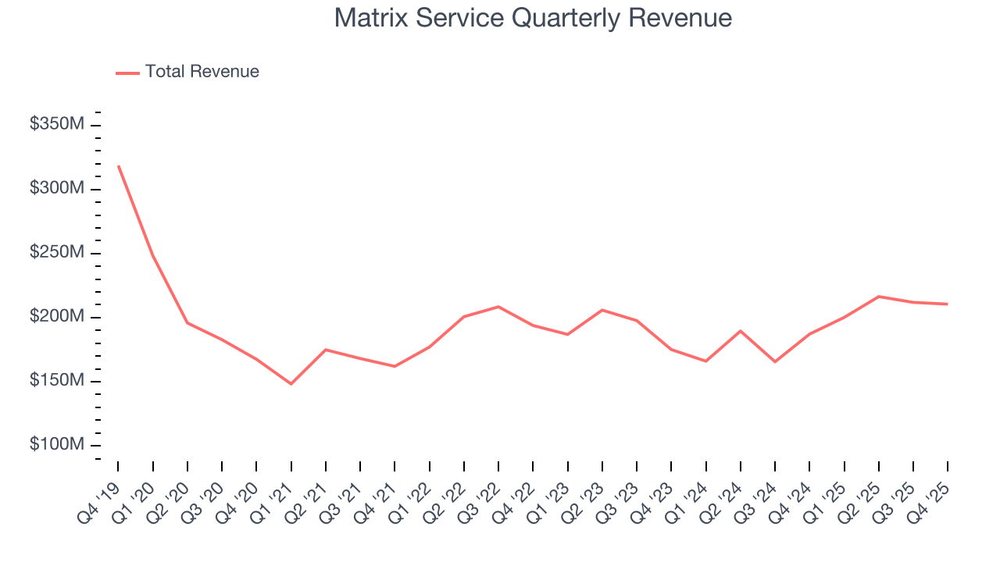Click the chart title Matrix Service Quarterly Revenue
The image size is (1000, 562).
pos(533,18)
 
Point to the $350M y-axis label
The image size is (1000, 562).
pos(57,124)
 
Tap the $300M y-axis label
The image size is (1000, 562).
pos(57,189)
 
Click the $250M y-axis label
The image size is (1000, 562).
pos(57,253)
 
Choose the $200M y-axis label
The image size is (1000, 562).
pos(57,317)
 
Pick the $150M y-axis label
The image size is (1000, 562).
pos(57,381)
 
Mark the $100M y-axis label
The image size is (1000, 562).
pos(57,445)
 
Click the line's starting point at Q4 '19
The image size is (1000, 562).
pos(119,166)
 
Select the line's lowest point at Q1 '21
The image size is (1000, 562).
pos(291,384)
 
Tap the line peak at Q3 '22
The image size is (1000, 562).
pos(498,307)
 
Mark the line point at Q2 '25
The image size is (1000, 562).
pos(879,297)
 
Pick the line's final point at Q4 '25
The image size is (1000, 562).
pos(948,304)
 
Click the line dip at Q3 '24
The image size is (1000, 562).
pos(775,361)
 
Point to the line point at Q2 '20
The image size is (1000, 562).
pos(187,323)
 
